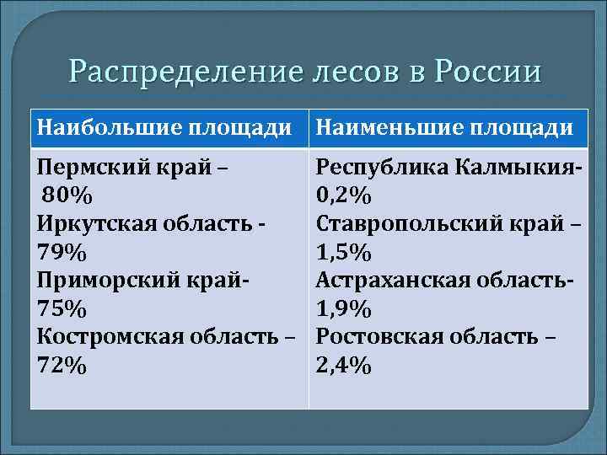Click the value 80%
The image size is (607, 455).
(68, 195)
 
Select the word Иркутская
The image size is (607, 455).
(93, 224)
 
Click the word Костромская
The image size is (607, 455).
(105, 338)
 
